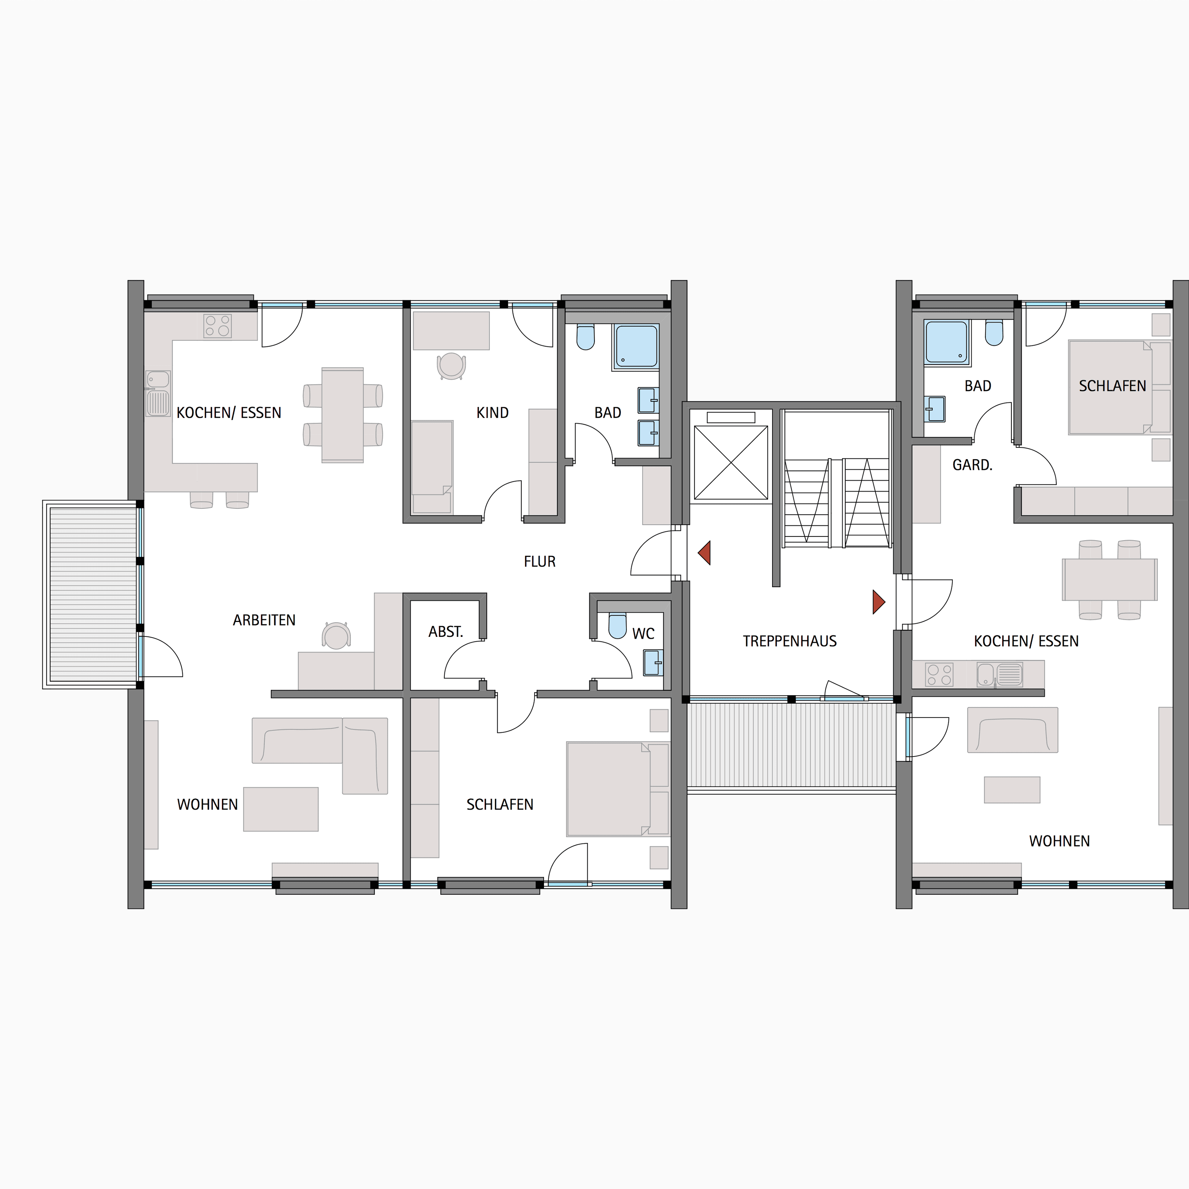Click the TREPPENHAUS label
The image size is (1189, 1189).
pyautogui.click(x=790, y=641)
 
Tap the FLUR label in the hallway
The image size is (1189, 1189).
pyautogui.click(x=540, y=561)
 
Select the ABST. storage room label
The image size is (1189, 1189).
pyautogui.click(x=446, y=632)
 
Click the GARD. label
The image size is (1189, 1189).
pyautogui.click(x=972, y=465)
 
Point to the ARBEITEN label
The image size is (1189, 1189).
pyautogui.click(x=264, y=621)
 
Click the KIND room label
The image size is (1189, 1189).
pyautogui.click(x=492, y=413)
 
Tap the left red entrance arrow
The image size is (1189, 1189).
pyautogui.click(x=704, y=553)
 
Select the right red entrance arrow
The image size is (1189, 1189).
pyautogui.click(x=879, y=602)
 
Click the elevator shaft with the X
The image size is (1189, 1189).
pyautogui.click(x=730, y=463)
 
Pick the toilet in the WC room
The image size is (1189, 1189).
pyautogui.click(x=617, y=625)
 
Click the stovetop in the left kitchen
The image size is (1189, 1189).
pyautogui.click(x=218, y=326)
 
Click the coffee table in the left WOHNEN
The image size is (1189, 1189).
pyautogui.click(x=281, y=809)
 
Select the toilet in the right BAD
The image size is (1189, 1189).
pyautogui.click(x=994, y=332)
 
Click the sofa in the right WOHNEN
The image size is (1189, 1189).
pyautogui.click(x=1013, y=730)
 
